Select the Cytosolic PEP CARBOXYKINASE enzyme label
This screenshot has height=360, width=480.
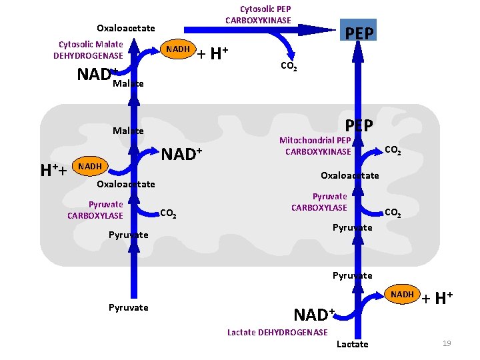coord(258,15)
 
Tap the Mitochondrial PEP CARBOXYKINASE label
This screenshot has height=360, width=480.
coord(315,146)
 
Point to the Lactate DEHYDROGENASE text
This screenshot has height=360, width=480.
coord(277,332)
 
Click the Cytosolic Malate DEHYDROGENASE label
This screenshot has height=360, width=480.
coord(88,50)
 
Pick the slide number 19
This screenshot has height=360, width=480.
coord(447,343)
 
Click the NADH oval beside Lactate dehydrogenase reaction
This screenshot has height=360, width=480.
coord(402,295)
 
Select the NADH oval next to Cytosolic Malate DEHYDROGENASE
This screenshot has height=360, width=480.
coord(177,49)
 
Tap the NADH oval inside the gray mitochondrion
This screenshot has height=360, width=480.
coord(90,166)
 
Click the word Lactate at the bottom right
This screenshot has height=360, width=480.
coord(352,344)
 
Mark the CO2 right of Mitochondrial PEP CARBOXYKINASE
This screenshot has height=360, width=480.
coord(393,151)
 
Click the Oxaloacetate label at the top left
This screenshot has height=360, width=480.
coord(125,28)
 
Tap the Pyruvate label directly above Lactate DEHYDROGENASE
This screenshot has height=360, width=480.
coord(352,275)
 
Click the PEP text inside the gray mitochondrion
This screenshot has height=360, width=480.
coord(359,125)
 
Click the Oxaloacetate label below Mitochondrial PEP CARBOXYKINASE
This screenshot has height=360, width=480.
coord(349,175)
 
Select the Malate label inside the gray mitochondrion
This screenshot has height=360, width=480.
coord(128,131)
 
